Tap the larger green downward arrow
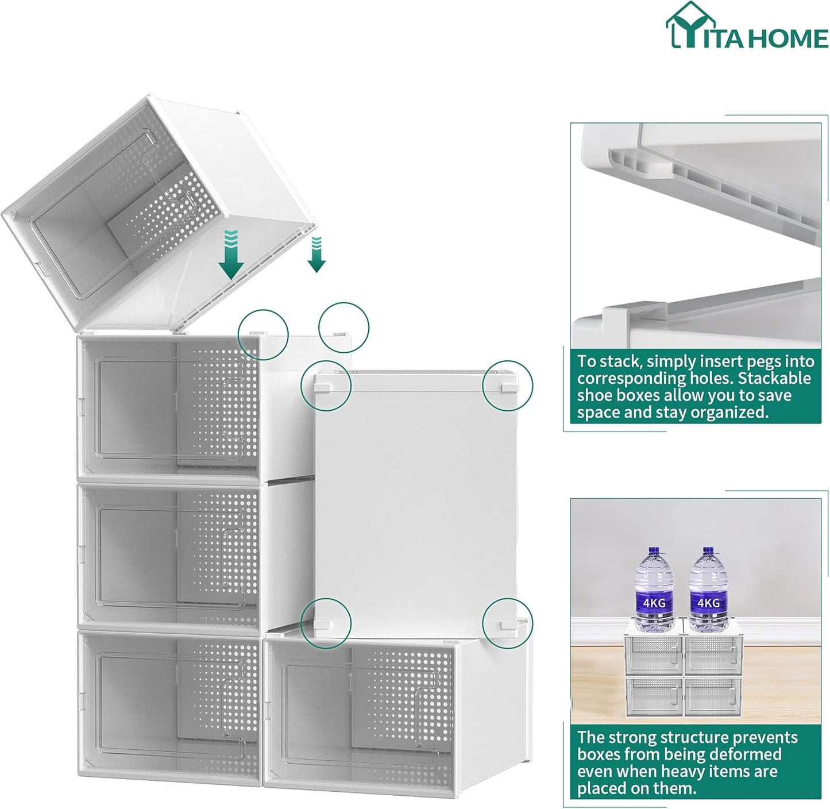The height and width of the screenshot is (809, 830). click(x=231, y=255)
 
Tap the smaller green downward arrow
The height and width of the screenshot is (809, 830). click(x=316, y=255)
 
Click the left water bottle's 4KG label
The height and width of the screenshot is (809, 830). click(x=654, y=603)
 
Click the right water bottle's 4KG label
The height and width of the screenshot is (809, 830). click(x=708, y=603)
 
